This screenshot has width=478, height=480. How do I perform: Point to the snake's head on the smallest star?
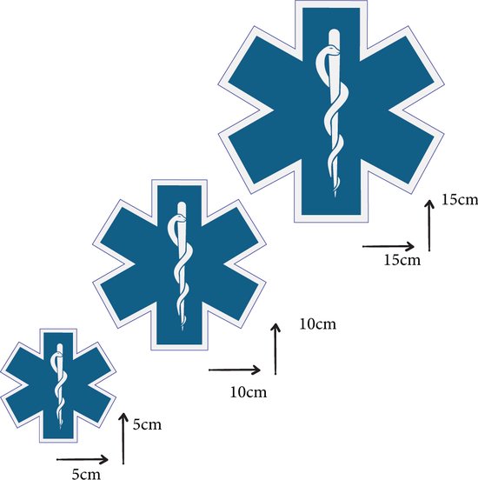click(58, 355)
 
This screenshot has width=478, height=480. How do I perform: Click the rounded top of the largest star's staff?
click(334, 33)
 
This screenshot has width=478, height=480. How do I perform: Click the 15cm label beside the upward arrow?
click(460, 200)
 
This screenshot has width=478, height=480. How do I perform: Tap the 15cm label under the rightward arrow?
click(402, 260)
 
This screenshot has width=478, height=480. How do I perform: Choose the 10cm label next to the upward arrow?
click(317, 323)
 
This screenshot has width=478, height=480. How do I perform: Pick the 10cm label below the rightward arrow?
click(249, 392)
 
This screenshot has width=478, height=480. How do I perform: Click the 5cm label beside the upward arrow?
click(147, 424)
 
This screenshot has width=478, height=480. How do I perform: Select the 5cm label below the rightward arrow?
click(86, 474)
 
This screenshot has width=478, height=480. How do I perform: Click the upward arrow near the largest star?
click(429, 225)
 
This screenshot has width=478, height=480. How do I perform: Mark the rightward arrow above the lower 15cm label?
click(388, 246)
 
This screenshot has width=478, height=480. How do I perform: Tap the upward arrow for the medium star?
click(276, 349)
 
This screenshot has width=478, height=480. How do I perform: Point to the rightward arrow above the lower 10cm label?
click(235, 370)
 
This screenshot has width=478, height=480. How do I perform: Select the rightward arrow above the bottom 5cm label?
click(83, 459)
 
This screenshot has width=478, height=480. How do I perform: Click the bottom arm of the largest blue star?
click(331, 187)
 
